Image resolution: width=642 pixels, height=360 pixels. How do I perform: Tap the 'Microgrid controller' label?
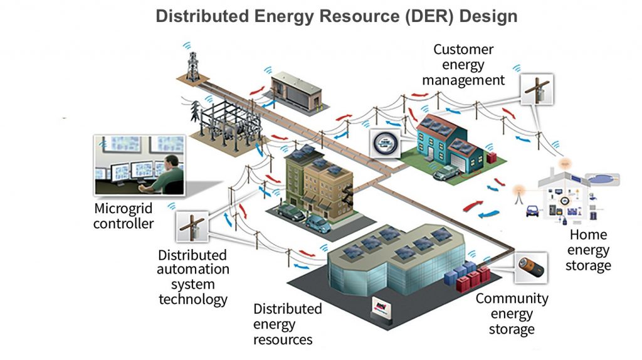pos(124,215)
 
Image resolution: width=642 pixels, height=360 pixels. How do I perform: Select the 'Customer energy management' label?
pos(463,65)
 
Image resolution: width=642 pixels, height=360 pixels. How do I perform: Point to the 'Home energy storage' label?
pos(588,250)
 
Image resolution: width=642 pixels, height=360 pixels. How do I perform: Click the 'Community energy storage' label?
pos(512,314)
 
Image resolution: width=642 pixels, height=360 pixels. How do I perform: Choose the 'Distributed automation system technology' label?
pos(193,277)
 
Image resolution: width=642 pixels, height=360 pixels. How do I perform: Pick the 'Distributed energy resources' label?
pos(287,324)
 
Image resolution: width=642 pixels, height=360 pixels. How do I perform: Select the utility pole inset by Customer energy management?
pos(536,91)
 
